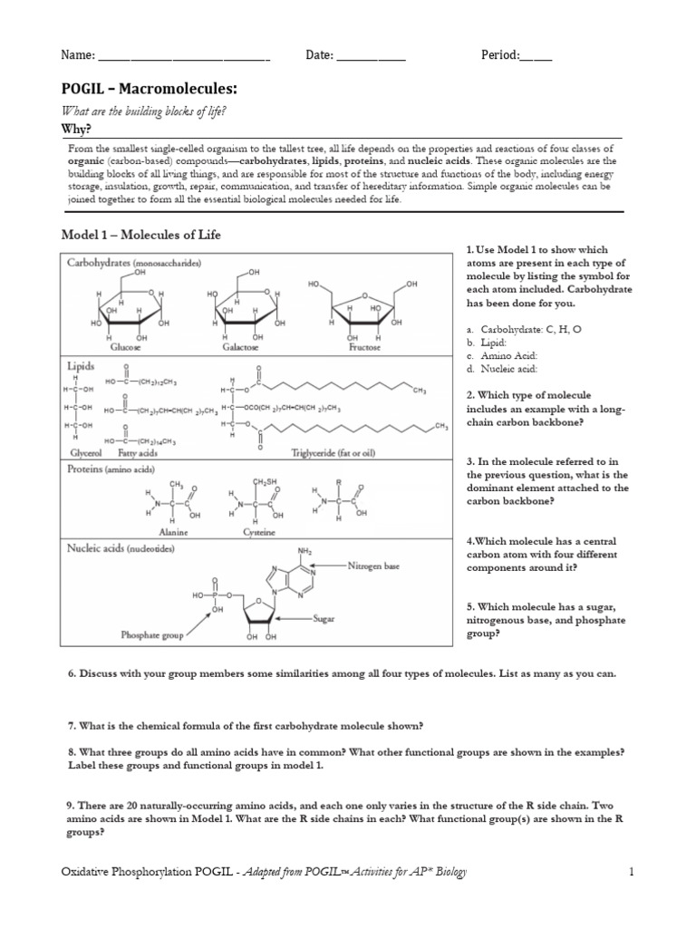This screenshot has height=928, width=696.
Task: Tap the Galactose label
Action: pos(237,347)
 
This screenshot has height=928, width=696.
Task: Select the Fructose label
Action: pos(365,347)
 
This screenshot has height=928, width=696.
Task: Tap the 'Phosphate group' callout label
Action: pos(153,635)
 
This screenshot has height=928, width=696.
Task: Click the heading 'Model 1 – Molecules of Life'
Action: pos(140,235)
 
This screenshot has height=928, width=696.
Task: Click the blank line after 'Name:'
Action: pos(185,55)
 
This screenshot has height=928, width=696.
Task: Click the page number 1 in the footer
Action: pos(632,872)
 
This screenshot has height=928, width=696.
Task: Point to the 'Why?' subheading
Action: pos(76,129)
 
